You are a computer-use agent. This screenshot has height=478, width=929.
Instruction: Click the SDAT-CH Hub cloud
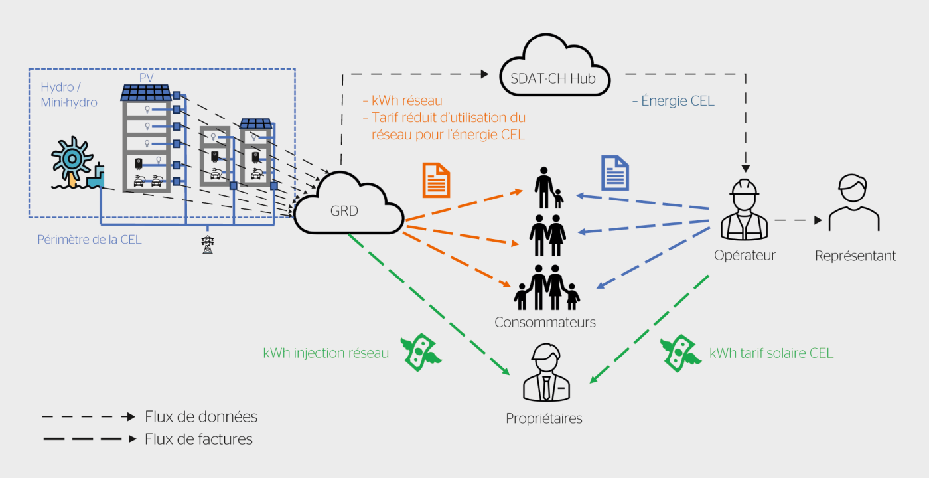tap(555, 71)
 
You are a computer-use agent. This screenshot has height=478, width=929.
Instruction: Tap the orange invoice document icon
tap(436, 180)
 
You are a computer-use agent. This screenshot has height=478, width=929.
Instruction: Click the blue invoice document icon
tap(615, 173)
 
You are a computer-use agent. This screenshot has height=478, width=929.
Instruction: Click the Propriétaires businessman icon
tap(544, 374)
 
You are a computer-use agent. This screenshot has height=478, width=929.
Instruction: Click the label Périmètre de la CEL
tap(90, 240)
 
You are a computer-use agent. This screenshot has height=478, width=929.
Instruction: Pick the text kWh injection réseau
tap(326, 353)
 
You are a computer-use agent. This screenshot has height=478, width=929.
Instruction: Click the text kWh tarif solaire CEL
tap(771, 353)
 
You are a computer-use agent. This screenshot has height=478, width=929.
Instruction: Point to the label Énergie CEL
tap(673, 102)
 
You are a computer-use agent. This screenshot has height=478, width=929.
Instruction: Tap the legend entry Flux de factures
tap(198, 439)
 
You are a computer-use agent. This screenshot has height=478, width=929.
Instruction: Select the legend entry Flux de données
tap(201, 417)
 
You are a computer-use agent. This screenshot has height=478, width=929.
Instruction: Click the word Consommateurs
tap(545, 323)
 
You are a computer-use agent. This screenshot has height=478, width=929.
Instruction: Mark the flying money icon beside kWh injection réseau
tap(421, 349)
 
